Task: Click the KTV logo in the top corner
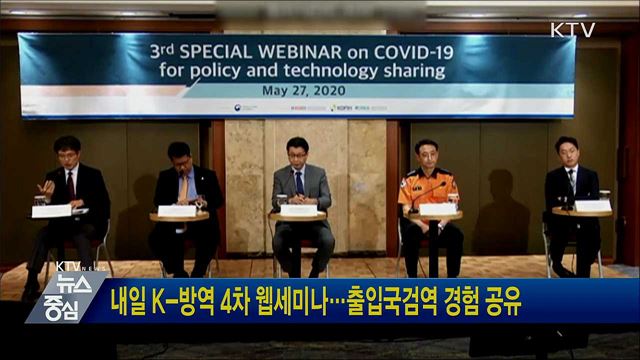click(572, 30)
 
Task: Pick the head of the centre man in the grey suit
click(296, 152)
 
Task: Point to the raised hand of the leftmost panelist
click(46, 187)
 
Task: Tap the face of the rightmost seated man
click(566, 153)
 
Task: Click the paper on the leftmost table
click(52, 210)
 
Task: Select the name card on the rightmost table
click(593, 206)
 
